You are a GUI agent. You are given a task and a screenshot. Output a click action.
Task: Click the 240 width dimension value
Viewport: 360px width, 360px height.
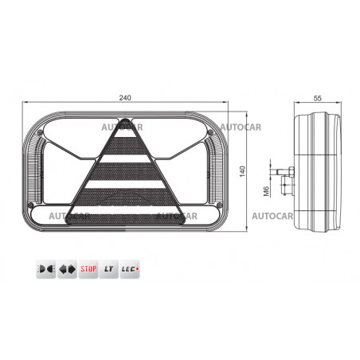pyautogui.click(x=125, y=98)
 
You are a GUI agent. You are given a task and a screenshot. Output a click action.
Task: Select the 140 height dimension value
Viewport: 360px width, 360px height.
pyautogui.click(x=242, y=171)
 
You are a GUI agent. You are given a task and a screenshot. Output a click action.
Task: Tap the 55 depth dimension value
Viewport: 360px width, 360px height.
pyautogui.click(x=317, y=98)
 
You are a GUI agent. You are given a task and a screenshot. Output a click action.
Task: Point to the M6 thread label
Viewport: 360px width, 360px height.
pyautogui.click(x=266, y=191)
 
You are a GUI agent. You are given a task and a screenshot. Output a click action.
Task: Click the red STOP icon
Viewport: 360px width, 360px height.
pyautogui.click(x=88, y=269)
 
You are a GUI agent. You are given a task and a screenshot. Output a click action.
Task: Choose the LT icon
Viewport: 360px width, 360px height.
pyautogui.click(x=109, y=269)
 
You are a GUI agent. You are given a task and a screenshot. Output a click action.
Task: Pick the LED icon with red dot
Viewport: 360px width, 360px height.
pyautogui.click(x=130, y=269)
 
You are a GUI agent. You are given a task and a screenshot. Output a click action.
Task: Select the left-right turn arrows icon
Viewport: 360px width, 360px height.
pyautogui.click(x=68, y=269)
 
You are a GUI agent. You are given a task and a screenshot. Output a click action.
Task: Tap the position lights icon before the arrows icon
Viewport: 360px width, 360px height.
pyautogui.click(x=46, y=269)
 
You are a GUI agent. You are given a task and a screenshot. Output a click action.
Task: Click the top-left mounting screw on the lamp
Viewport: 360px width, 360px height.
pyautogui.click(x=41, y=132)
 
